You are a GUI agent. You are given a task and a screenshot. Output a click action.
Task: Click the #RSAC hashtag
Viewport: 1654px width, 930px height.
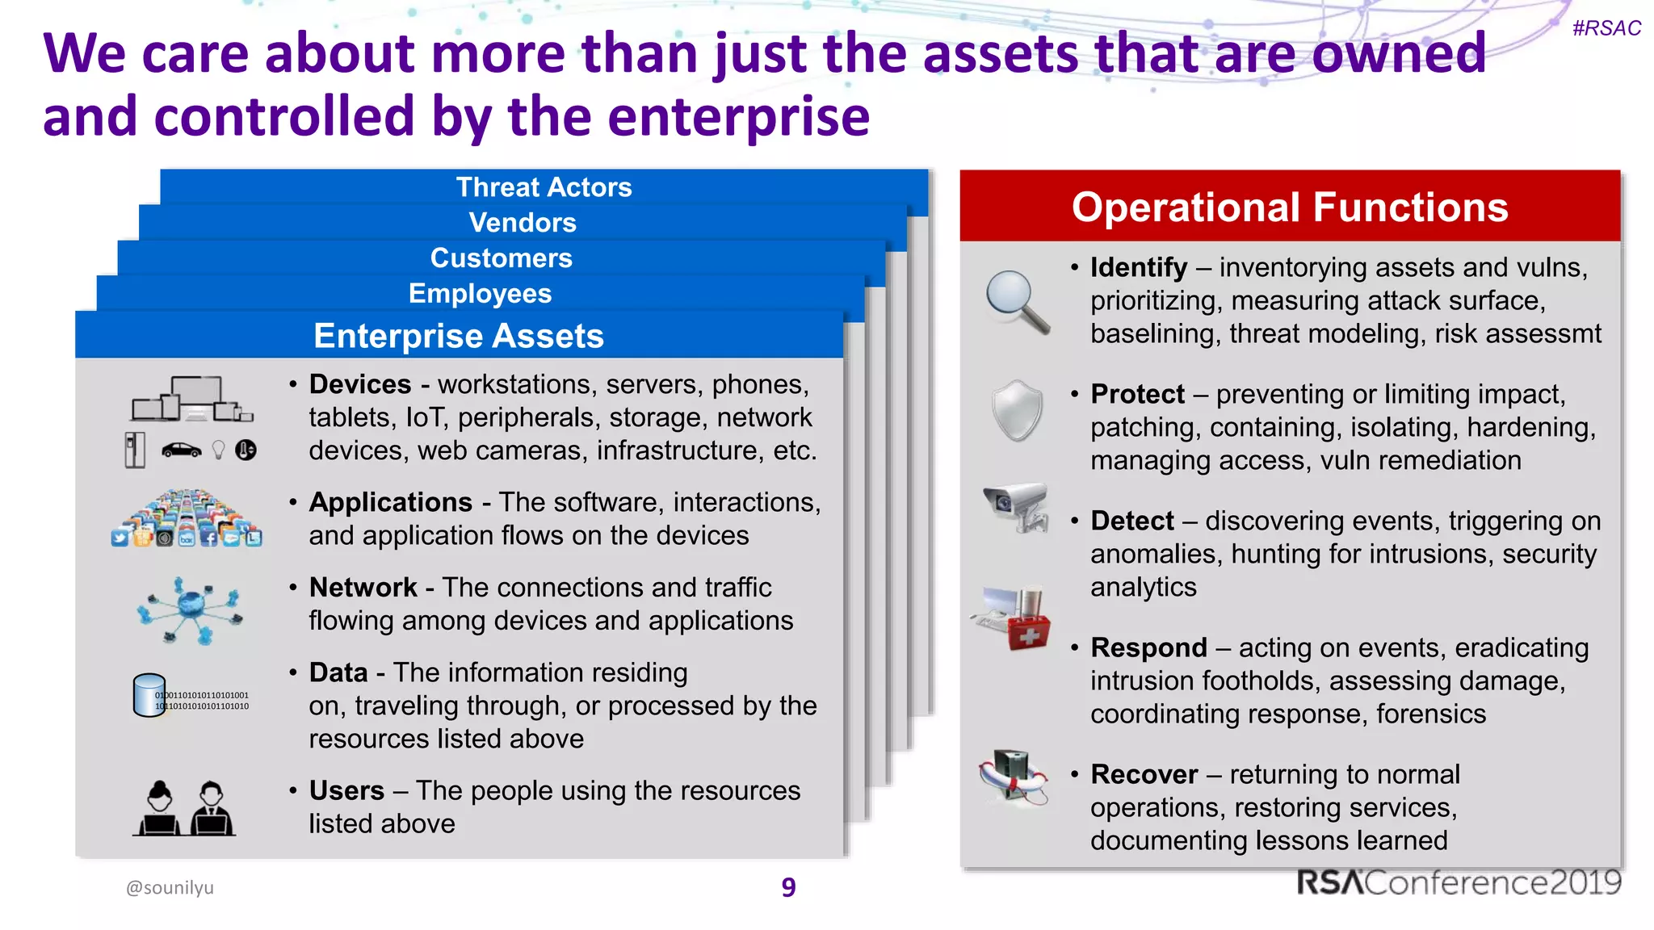point(1606,28)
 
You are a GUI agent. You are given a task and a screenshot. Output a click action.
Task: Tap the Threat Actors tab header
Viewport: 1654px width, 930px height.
point(544,187)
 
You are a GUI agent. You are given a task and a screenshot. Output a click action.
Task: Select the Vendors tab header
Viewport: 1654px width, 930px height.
point(523,223)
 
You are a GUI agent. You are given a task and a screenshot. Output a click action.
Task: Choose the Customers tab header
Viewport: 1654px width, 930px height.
point(501,258)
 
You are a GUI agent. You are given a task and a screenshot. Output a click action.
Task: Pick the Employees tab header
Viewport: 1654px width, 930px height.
point(480,294)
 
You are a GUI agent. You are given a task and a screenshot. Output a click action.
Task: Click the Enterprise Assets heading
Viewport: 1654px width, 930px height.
point(458,336)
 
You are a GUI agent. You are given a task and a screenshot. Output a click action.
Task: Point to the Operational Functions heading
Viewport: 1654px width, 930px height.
point(1290,207)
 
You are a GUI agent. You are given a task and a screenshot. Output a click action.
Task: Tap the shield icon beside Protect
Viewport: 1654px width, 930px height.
point(1017,411)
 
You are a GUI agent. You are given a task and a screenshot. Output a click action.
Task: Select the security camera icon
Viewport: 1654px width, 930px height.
point(1016,507)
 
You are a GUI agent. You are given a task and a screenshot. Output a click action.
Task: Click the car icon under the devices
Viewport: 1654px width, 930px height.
point(182,450)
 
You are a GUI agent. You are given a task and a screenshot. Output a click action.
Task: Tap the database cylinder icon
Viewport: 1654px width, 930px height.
point(149,695)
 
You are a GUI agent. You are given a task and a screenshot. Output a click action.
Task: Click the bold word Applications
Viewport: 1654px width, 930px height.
point(391,502)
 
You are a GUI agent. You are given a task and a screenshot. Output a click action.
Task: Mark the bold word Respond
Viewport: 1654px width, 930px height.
point(1148,647)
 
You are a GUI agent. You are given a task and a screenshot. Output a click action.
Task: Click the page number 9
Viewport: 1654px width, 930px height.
point(788,887)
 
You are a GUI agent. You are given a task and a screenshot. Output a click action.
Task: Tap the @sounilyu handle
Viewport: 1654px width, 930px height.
point(170,887)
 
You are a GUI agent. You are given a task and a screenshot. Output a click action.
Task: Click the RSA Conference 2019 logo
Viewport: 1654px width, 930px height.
point(1459,882)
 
